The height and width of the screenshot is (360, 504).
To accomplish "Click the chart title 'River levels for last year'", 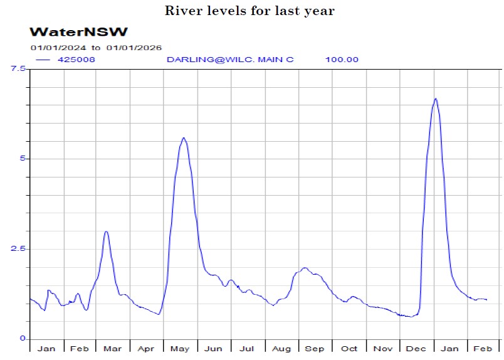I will [249, 11].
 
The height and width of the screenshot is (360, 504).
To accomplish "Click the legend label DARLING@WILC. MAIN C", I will [229, 60].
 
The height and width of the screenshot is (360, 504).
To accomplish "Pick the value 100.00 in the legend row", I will [342, 60].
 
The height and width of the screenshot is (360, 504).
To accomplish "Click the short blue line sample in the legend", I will [43, 60].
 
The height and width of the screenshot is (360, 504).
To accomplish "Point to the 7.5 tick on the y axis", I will [17, 68].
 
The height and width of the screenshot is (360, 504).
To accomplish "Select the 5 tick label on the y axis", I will [21, 159].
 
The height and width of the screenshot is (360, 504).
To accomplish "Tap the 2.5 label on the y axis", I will [17, 249].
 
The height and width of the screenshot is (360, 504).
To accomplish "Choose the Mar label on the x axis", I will [113, 348].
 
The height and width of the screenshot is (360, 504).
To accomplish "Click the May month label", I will [180, 348].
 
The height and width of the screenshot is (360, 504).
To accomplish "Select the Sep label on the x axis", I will [315, 348].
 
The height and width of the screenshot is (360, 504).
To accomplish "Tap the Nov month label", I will [382, 348].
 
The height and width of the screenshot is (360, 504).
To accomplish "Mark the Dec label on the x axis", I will [416, 348].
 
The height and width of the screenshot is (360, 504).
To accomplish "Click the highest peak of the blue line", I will [436, 98].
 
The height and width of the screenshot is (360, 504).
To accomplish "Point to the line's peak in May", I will [183, 138].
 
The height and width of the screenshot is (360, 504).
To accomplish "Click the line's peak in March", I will [107, 231].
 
